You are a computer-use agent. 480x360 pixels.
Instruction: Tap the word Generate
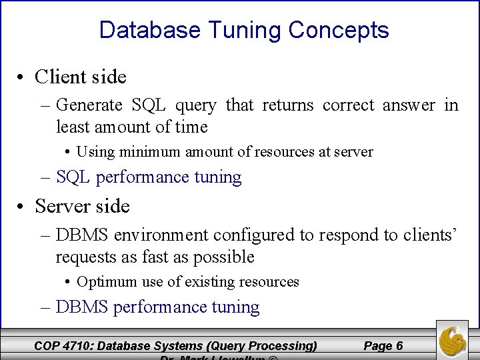(x=89, y=105)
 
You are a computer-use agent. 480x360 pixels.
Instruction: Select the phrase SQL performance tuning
(x=149, y=177)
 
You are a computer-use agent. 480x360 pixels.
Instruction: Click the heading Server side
(x=82, y=207)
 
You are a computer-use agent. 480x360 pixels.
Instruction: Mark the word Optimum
(x=103, y=282)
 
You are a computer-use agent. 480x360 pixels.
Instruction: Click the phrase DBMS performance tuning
(x=158, y=307)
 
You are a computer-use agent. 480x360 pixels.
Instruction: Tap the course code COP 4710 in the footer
(x=65, y=345)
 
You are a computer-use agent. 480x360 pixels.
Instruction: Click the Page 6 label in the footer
(x=383, y=345)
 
